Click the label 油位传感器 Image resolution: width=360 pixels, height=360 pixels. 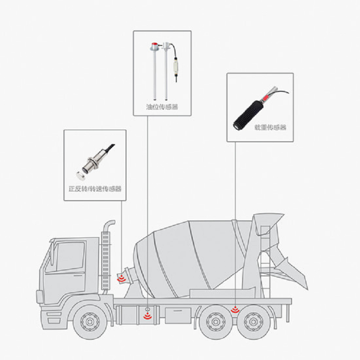coord(162,107)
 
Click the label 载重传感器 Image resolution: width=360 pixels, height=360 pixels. coord(270,127)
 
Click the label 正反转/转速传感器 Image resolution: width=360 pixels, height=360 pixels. coord(95,189)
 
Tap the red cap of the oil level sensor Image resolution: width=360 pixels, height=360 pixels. coord(155,44)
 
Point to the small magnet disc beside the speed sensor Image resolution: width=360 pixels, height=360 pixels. coord(81,175)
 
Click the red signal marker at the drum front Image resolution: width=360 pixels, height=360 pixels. coord(121,279)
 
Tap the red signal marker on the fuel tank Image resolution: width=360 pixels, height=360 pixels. coord(148,315)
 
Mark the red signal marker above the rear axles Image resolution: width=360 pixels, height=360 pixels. coord(235,310)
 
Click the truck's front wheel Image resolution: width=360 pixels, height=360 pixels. coord(90,322)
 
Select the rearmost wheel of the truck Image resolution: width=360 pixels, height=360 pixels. coord(253,322)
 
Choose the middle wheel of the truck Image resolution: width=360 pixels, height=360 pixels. coord(216,322)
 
